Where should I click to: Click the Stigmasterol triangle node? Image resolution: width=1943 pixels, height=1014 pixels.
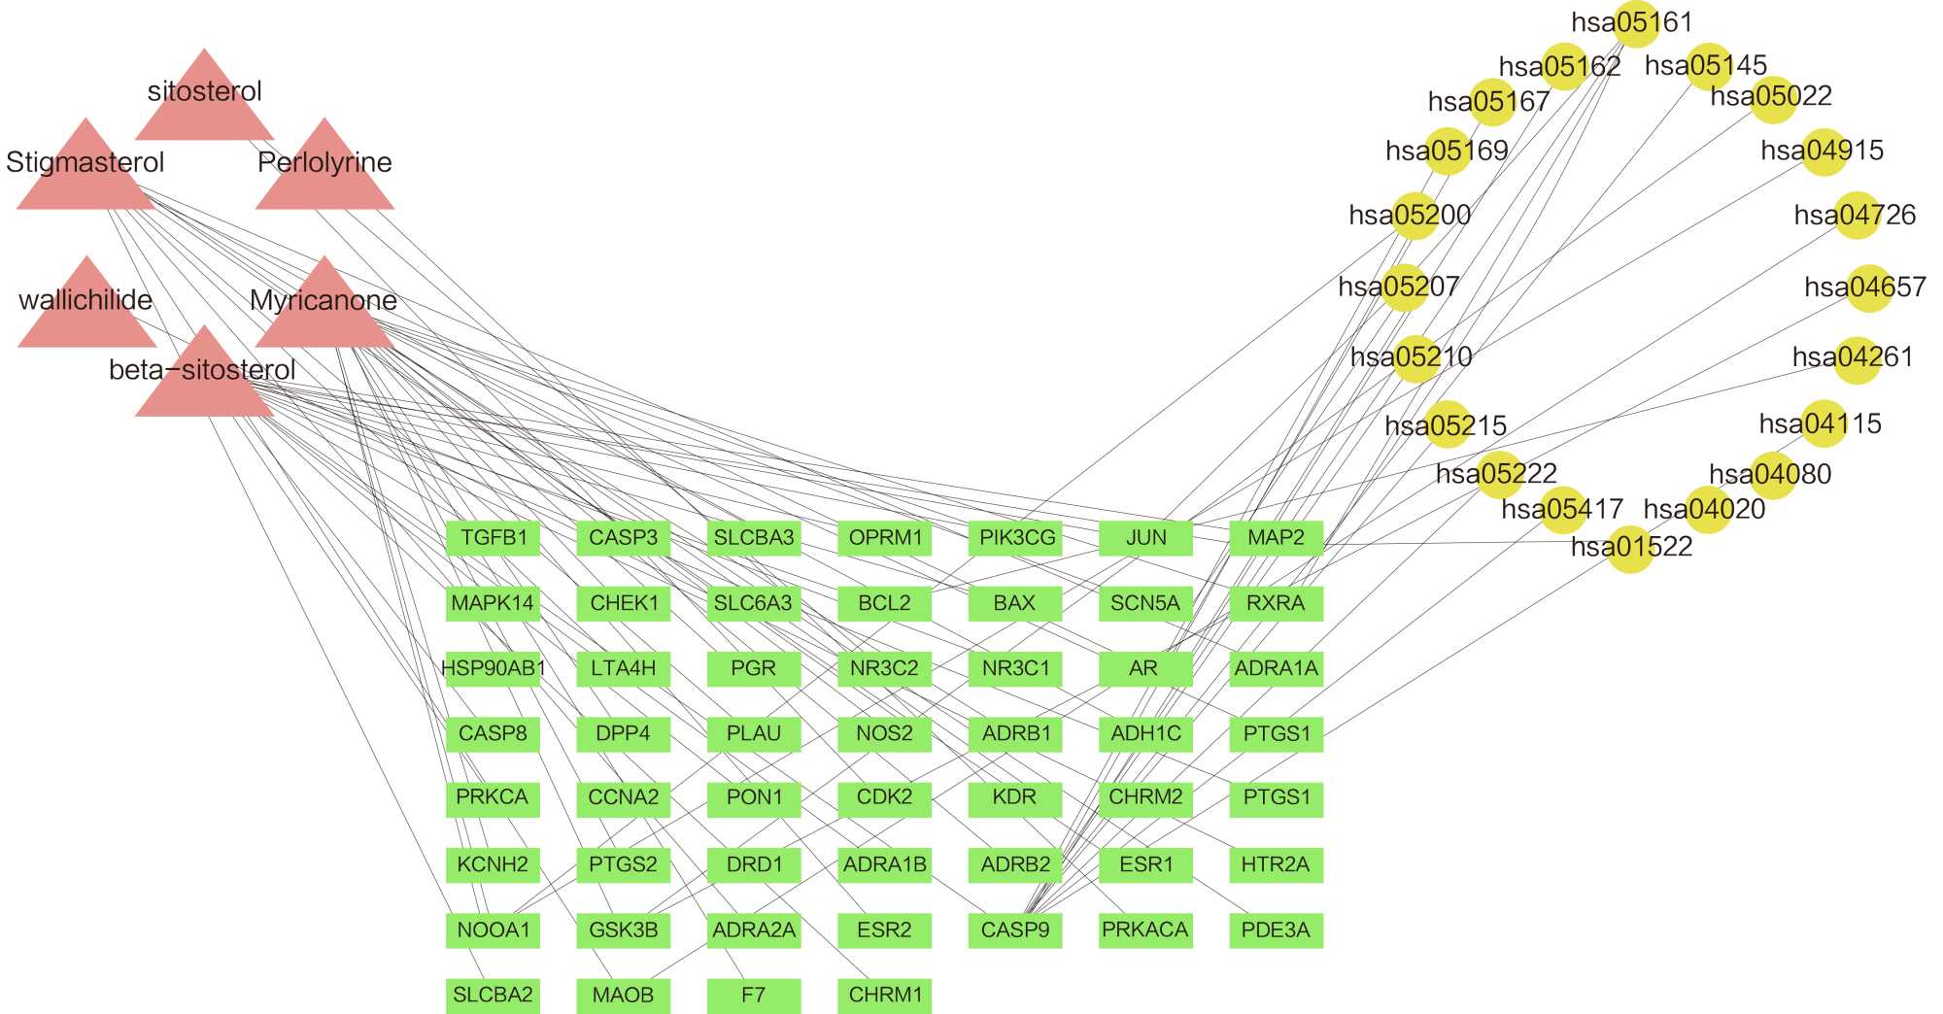[x=85, y=173]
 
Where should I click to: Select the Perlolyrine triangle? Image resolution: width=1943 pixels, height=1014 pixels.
[x=324, y=173]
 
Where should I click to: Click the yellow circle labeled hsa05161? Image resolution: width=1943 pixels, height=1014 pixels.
[x=1637, y=23]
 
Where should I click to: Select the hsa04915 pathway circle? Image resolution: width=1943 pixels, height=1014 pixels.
[x=1824, y=152]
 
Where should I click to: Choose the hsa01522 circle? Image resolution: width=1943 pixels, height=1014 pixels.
[x=1631, y=549]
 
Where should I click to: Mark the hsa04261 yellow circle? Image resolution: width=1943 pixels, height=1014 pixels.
[x=1856, y=358]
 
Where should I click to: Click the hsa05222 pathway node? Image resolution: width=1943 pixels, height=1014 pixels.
[x=1499, y=475]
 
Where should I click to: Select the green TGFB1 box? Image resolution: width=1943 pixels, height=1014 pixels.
[x=493, y=538]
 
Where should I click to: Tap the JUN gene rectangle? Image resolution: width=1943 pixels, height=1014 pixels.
[x=1145, y=538]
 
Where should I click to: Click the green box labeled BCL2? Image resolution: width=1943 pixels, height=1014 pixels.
[x=884, y=603]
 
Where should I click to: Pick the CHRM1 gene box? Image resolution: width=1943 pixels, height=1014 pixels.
[x=884, y=996]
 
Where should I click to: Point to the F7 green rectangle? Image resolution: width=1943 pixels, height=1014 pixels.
[x=754, y=996]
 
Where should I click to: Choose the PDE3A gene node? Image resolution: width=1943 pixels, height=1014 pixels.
[x=1276, y=930]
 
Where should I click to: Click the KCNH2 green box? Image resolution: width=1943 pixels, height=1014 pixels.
[x=493, y=864]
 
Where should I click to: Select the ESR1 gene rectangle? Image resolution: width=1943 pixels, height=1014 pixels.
[x=1145, y=864]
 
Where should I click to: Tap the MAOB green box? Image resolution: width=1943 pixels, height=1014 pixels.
[x=623, y=996]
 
